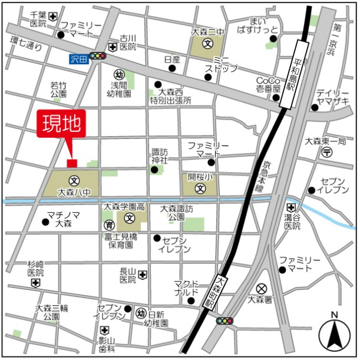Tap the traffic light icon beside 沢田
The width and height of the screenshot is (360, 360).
[98, 57]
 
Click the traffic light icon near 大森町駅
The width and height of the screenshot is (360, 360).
[224, 321]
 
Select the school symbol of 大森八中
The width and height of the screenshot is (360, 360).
[74, 180]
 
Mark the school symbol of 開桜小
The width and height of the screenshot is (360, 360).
[200, 189]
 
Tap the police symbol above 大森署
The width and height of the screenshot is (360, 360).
[261, 288]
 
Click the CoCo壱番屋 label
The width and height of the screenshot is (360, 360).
[268, 84]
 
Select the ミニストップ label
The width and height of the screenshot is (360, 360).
[221, 64]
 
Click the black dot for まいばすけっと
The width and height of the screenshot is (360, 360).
[273, 39]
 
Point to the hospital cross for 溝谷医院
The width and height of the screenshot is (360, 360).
[291, 207]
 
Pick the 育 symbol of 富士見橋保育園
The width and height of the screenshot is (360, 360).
[108, 225]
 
